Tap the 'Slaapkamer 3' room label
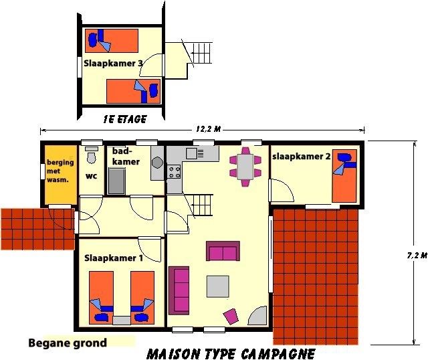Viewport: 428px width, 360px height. [x=113, y=64]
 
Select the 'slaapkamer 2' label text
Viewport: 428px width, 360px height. [x=302, y=157]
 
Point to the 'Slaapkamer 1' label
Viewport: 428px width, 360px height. [x=114, y=258]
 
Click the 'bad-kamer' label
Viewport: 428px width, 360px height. [x=126, y=156]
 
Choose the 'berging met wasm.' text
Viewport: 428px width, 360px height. [x=60, y=171]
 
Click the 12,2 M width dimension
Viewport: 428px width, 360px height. [x=208, y=129]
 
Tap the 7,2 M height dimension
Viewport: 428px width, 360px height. [x=417, y=256]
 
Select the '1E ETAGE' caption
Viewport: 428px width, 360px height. [x=125, y=119]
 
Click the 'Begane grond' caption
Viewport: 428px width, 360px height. [x=68, y=343]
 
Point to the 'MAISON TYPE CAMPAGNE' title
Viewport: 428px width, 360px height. [x=231, y=354]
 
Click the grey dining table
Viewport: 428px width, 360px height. [x=245, y=167]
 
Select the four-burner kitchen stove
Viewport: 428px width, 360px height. [x=174, y=172]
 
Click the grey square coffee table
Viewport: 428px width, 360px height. [x=217, y=286]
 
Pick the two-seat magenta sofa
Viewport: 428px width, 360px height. [x=223, y=251]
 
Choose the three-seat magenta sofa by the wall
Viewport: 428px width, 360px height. [x=179, y=290]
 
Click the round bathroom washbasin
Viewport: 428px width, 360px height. [x=158, y=163]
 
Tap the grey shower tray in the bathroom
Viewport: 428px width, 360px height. [x=116, y=181]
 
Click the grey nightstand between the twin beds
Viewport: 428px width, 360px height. [x=122, y=321]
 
